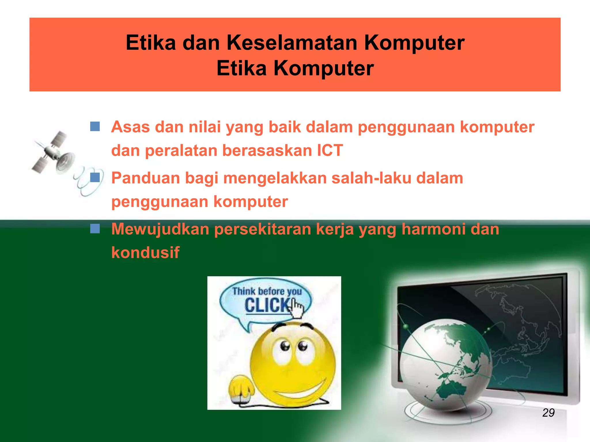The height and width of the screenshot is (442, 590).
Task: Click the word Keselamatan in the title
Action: pos(292,43)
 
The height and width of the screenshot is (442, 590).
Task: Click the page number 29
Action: pos(548,413)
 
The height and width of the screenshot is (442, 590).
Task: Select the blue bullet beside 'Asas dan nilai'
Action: pos(95,126)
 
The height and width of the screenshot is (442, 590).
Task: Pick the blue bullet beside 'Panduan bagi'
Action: pos(95,177)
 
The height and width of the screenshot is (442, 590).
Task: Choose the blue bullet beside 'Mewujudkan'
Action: pos(95,229)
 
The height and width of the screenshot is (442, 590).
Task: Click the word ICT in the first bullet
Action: pos(330,150)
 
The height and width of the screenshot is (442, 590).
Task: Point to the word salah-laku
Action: pos(371,178)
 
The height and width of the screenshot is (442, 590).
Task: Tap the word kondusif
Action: pos(145,252)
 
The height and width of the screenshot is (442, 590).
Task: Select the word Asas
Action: pos(130,127)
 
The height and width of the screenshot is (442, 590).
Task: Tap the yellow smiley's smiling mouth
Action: pos(300,390)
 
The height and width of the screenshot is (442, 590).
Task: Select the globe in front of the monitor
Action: pos(445,363)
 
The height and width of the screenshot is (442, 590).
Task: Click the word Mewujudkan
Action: pos(160,229)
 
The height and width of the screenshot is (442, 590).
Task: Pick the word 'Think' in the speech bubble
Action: pos(244,291)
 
